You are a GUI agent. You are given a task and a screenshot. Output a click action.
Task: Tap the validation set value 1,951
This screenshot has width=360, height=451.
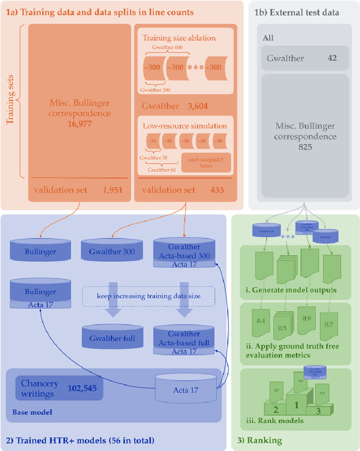(x=112, y=190)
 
